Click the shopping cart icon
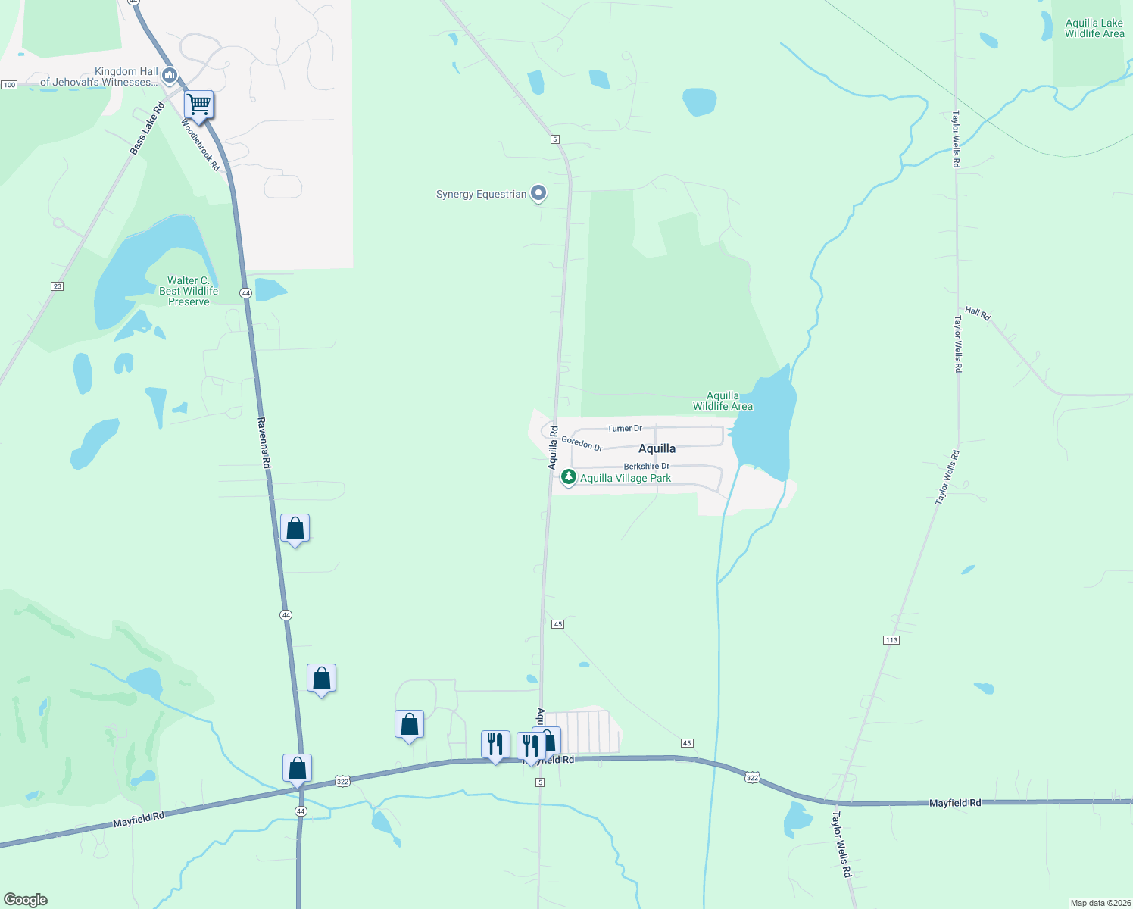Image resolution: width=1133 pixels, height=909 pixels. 198,105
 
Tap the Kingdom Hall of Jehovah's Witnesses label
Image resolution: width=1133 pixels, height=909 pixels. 99,77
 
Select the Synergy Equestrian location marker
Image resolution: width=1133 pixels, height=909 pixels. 538,194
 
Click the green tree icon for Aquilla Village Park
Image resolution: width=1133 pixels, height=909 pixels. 568,478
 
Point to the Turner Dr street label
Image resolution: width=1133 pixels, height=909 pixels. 624,429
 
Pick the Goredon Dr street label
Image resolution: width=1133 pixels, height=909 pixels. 582,444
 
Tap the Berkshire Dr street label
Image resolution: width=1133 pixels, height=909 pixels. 646,467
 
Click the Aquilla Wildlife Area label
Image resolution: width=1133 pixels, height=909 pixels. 723,401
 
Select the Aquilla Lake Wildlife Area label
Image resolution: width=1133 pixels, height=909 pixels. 1094,28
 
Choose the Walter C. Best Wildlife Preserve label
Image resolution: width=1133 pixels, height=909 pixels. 189,291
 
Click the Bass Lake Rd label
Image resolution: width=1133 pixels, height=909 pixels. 147,130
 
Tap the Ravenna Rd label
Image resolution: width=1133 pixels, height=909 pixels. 263,442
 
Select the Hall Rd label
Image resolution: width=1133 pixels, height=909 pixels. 978,313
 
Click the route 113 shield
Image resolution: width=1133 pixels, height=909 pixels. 891,640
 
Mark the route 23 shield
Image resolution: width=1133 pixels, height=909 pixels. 57,286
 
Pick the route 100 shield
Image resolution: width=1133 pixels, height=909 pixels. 9,84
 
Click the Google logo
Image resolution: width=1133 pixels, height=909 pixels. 25,900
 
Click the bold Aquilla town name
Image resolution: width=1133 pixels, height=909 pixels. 657,448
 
